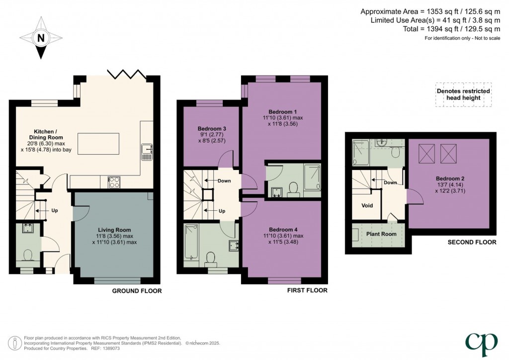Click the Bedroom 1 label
click(x=282, y=111)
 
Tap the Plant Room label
click(x=381, y=234)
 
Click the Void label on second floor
click(x=367, y=205)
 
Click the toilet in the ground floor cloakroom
click(x=27, y=255)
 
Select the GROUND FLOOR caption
click(x=136, y=291)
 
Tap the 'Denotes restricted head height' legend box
click(x=463, y=94)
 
